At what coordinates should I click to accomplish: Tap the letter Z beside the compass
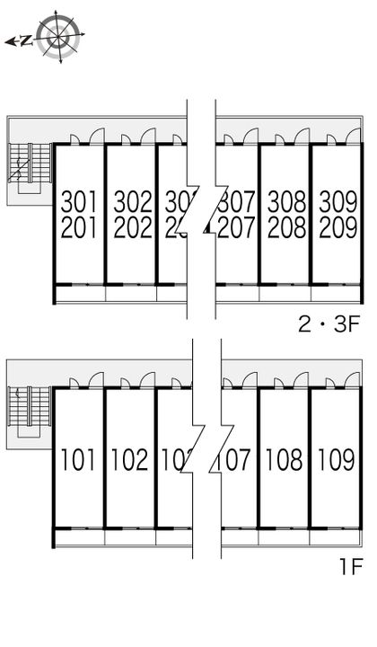27,40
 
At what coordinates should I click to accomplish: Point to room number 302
131,200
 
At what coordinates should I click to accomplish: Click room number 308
286,200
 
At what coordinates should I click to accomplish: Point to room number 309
338,200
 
